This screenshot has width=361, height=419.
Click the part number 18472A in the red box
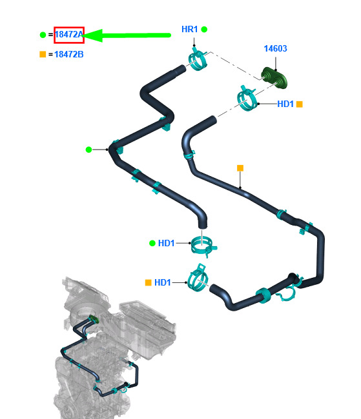(x=69, y=35)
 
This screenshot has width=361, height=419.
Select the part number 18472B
(x=69, y=55)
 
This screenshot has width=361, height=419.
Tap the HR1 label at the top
(x=190, y=29)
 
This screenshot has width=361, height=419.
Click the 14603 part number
(x=275, y=48)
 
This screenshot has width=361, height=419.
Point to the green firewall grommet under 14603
(x=274, y=77)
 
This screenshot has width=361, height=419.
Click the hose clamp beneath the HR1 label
(x=198, y=59)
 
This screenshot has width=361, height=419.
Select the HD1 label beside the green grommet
(x=285, y=104)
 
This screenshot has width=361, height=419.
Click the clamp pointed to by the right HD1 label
(x=247, y=99)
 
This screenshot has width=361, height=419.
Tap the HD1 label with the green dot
(x=167, y=243)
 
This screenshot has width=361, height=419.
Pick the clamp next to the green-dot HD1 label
(x=203, y=246)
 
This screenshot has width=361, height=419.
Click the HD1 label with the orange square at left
(x=163, y=282)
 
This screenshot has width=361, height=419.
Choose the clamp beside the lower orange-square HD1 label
(x=198, y=278)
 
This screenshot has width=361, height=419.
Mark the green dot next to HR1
(x=204, y=29)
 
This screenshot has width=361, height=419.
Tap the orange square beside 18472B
(x=43, y=55)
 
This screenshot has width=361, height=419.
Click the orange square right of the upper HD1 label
(x=300, y=104)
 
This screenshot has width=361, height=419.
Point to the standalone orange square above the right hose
(x=240, y=168)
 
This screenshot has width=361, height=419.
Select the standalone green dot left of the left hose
(x=88, y=150)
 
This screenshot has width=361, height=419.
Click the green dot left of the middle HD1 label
(x=152, y=243)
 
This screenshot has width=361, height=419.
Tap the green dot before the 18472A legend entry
(x=43, y=35)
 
